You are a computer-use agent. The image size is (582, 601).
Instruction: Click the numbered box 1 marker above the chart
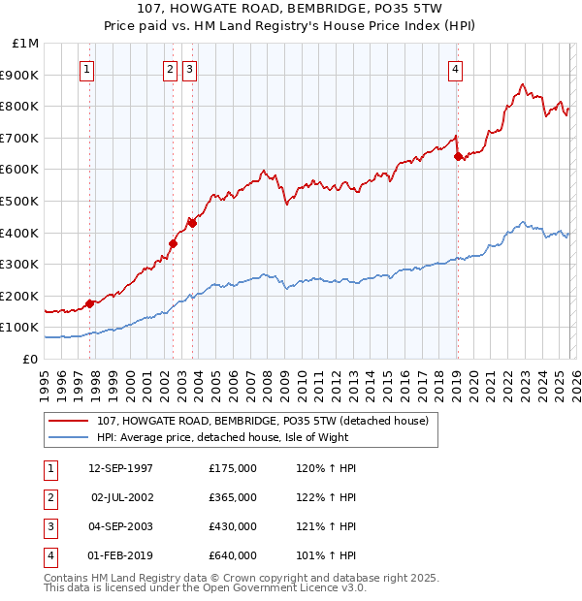(x=88, y=69)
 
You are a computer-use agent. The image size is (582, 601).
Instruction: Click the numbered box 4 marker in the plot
(x=455, y=69)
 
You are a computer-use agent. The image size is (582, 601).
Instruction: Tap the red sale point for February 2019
(x=457, y=157)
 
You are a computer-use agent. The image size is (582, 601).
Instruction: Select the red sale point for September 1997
(x=89, y=303)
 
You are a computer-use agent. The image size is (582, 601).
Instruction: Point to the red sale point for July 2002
(x=172, y=243)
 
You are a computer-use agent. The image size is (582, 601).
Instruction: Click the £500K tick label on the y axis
(x=21, y=201)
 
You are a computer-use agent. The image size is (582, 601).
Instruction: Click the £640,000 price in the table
(x=232, y=555)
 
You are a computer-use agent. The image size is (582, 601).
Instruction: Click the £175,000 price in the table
(x=232, y=468)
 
